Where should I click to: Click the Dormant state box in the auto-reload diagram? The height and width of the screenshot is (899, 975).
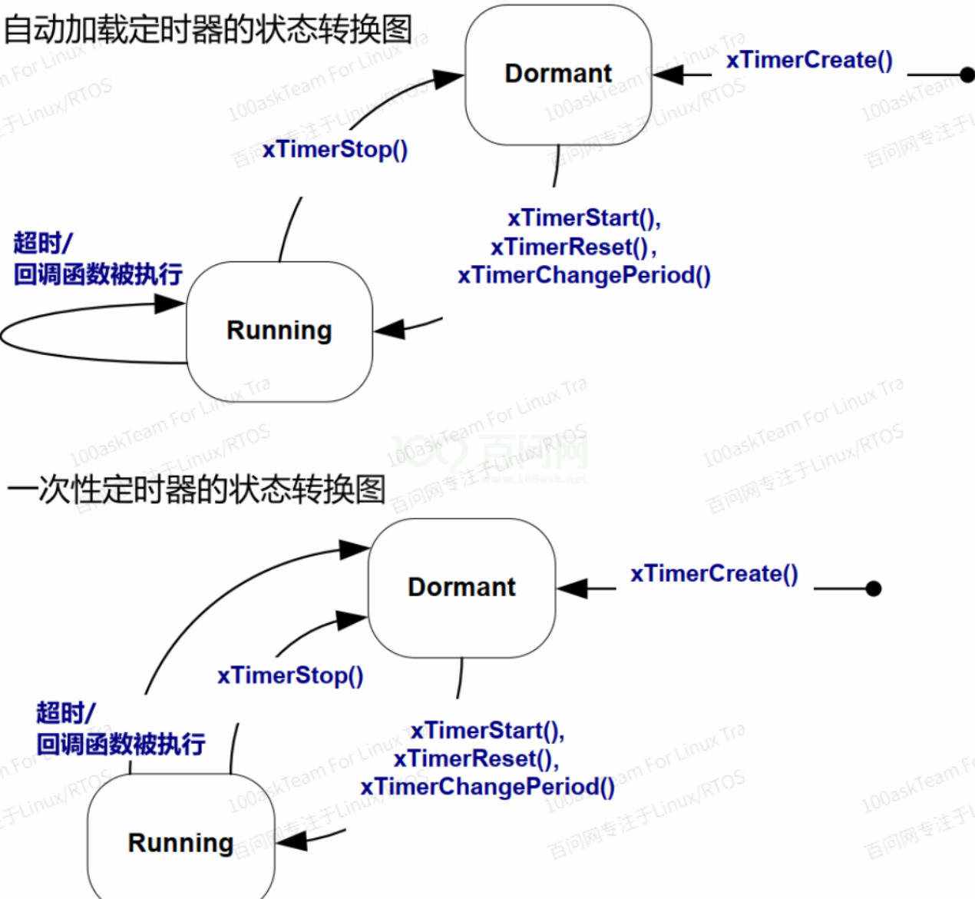tap(558, 74)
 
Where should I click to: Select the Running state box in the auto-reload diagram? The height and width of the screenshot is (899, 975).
tap(279, 330)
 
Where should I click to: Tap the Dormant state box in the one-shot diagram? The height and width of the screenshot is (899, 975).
tap(461, 587)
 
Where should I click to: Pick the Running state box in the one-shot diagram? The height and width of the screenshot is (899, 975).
tap(180, 842)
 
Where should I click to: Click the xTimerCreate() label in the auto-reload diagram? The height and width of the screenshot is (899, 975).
tap(809, 60)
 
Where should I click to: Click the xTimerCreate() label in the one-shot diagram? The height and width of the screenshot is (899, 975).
tap(714, 573)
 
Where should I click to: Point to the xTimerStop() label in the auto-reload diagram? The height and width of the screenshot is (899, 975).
tap(335, 149)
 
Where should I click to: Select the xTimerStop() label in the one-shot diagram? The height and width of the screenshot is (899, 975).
tap(290, 675)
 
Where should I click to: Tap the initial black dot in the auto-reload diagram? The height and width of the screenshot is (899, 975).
tap(967, 75)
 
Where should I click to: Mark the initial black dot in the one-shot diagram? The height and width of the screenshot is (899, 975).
tap(873, 589)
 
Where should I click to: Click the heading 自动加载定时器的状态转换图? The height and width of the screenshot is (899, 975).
tap(207, 29)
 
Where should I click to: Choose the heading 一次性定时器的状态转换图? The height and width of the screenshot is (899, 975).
tap(196, 489)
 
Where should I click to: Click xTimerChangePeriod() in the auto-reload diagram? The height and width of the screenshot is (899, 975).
tap(583, 275)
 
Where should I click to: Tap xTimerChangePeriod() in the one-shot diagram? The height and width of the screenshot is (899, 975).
tap(487, 787)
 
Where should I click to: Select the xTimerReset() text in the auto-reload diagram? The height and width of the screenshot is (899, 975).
tap(572, 247)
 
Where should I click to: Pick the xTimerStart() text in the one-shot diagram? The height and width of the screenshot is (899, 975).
tap(487, 730)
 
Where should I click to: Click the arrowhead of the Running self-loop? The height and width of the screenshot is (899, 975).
tap(170, 304)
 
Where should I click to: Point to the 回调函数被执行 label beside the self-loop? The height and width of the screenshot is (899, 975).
tap(98, 274)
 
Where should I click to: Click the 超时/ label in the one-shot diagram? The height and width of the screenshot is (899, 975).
tap(66, 712)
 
